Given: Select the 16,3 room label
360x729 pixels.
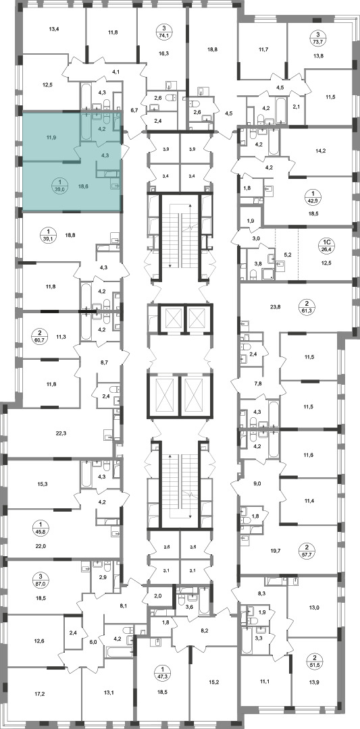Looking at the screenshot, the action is (x=163, y=53).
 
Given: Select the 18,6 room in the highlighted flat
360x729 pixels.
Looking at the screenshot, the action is (x=83, y=186).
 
